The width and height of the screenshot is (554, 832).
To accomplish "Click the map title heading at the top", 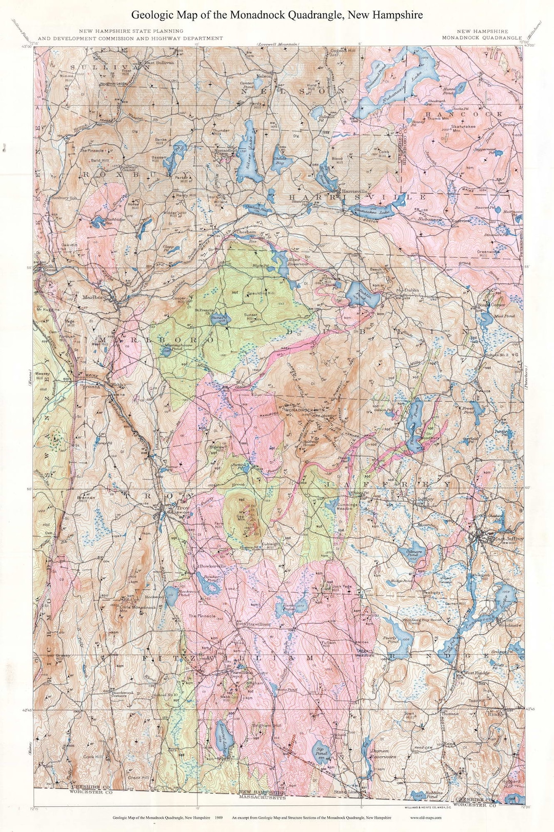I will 277,15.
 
